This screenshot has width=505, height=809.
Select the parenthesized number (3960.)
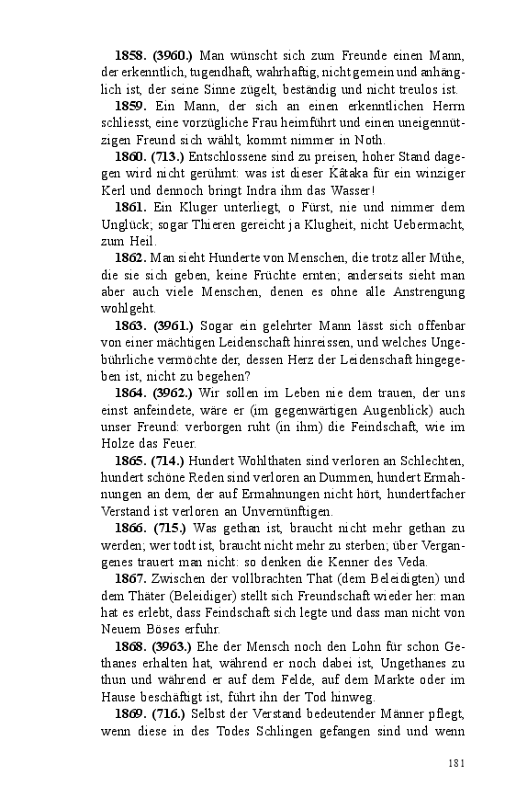173,56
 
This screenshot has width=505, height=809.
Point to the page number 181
457,761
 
